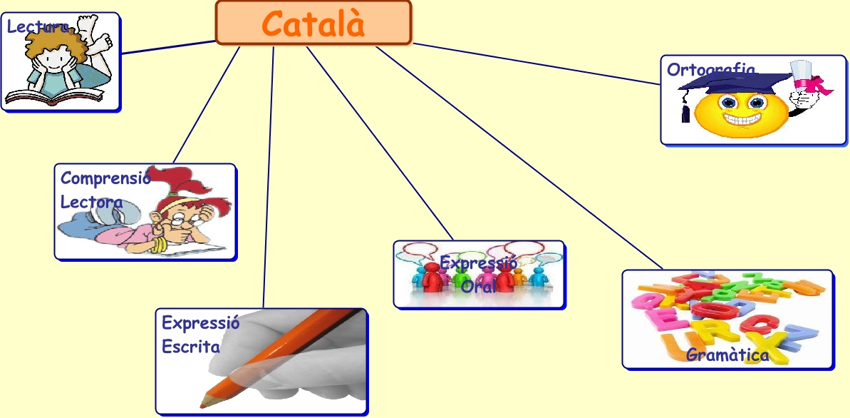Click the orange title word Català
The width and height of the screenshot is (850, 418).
pyautogui.click(x=313, y=24)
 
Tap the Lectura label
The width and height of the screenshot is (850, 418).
pyautogui.click(x=38, y=28)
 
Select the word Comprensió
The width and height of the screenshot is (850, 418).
pyautogui.click(x=105, y=178)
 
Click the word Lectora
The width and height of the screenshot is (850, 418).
pyautogui.click(x=91, y=202)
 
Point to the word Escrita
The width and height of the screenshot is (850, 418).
pyautogui.click(x=190, y=347)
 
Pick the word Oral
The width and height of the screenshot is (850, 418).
pyautogui.click(x=478, y=287)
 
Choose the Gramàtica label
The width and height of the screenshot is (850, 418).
pyautogui.click(x=727, y=355)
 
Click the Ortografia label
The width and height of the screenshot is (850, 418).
pyautogui.click(x=710, y=70)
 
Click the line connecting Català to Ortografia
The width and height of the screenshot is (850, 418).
pyautogui.click(x=534, y=63)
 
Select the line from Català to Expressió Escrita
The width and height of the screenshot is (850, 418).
pyautogui.click(x=269, y=178)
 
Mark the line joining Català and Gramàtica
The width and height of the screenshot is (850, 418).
pyautogui.click(x=520, y=157)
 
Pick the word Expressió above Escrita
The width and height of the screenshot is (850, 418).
pyautogui.click(x=200, y=322)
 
